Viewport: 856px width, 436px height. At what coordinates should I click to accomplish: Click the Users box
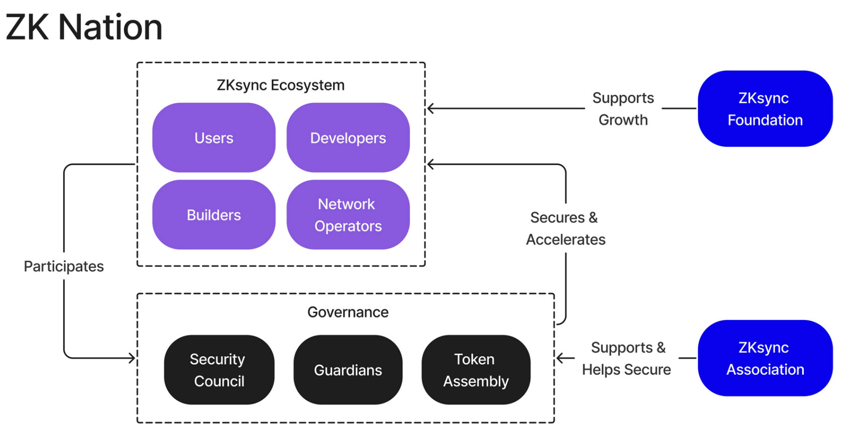[213, 138]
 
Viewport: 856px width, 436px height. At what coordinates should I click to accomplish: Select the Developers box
[348, 138]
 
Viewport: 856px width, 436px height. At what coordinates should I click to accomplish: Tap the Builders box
[213, 215]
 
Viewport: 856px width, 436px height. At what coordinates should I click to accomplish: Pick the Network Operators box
[348, 215]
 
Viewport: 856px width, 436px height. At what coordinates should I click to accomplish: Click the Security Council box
[219, 370]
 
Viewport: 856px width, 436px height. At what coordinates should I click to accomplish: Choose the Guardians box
[348, 370]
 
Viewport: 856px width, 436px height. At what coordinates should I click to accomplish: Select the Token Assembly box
[476, 370]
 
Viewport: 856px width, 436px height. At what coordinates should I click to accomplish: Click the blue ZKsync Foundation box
[765, 108]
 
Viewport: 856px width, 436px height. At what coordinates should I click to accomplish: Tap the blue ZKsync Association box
[765, 358]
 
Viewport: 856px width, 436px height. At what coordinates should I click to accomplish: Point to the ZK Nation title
[84, 27]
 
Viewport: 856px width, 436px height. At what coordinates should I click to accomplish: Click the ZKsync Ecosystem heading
[280, 85]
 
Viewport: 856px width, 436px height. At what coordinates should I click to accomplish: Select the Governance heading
[348, 312]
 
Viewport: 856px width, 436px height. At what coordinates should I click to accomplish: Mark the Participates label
[64, 266]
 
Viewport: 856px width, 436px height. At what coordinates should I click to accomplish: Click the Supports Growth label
[623, 108]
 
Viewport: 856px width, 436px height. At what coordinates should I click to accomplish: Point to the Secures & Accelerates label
[566, 229]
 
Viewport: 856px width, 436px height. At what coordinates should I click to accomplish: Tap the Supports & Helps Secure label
[626, 358]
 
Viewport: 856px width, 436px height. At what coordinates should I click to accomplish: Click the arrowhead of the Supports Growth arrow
[430, 108]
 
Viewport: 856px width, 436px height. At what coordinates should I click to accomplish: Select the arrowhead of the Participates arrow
[133, 358]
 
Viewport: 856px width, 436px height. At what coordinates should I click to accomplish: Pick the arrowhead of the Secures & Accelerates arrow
[430, 164]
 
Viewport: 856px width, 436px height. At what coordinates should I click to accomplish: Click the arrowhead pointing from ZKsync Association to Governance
[560, 358]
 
